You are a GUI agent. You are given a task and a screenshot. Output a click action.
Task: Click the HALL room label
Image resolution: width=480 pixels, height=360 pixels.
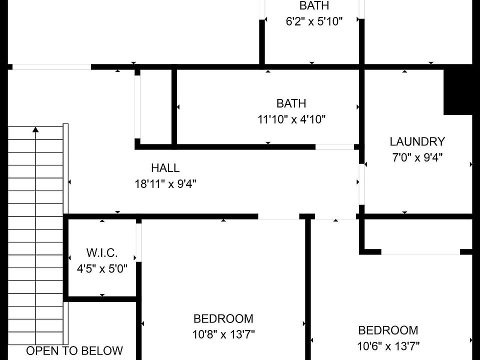(x=165, y=168)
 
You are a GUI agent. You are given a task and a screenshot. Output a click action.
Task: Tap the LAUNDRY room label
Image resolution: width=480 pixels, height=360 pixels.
(x=417, y=141)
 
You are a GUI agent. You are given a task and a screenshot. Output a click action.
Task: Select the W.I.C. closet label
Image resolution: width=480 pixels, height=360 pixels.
(x=102, y=253)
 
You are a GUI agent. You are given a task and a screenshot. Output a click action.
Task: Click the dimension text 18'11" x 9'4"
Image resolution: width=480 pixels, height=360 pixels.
(x=165, y=184)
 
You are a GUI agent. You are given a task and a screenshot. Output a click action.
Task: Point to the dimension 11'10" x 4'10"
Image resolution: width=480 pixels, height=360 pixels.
(x=291, y=119)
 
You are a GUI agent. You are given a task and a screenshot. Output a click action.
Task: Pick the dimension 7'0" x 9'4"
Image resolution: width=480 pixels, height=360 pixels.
(x=417, y=157)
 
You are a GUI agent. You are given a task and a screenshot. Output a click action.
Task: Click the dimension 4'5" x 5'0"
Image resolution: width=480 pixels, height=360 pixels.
(x=102, y=269)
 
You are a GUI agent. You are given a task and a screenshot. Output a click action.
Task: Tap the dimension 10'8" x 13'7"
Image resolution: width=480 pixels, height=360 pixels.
(x=223, y=334)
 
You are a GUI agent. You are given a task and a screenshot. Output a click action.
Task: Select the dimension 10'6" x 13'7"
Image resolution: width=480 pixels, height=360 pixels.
(x=388, y=346)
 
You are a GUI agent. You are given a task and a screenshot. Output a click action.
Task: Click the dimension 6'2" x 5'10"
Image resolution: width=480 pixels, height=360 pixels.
(x=314, y=21)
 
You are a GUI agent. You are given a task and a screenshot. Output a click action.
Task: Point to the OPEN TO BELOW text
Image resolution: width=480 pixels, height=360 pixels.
(x=74, y=351)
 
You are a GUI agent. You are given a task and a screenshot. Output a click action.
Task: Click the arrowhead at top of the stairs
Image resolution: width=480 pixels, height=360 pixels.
(x=36, y=129)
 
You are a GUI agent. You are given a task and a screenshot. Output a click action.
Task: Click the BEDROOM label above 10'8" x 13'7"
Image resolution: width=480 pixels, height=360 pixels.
(x=223, y=318)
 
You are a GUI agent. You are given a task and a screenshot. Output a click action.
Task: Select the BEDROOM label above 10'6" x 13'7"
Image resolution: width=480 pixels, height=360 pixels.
(x=388, y=330)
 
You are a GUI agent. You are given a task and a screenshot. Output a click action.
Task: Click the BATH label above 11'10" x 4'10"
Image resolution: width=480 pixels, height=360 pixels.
(x=291, y=103)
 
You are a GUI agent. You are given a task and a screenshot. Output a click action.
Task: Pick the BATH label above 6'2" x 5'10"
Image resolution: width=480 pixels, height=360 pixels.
(x=314, y=5)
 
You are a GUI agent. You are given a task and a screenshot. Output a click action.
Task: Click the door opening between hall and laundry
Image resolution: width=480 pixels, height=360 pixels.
(x=362, y=184)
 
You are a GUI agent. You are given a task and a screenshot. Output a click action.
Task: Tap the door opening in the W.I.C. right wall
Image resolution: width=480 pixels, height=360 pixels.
(x=138, y=242)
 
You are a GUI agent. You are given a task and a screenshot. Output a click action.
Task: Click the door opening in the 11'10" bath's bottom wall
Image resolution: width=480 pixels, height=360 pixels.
(x=334, y=147)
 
